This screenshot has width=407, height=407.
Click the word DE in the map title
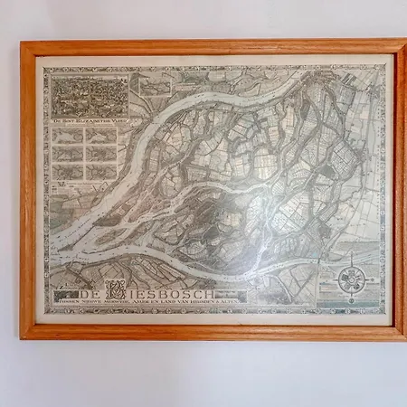[90, 294]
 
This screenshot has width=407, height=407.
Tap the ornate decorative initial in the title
[115, 291]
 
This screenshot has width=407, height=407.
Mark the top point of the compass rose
[352, 260]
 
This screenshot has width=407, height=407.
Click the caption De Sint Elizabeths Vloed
[89, 119]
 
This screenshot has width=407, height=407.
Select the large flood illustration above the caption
[89, 95]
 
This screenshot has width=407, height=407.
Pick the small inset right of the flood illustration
[150, 86]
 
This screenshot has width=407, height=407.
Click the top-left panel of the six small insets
[69, 136]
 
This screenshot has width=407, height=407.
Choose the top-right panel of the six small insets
[101, 136]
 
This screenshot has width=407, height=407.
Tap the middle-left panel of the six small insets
[69, 153]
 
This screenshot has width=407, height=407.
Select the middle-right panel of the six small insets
[101, 153]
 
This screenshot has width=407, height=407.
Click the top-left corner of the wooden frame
[22, 43]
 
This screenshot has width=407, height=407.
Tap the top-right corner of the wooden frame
[403, 41]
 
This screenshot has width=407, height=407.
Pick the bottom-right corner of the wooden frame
[403, 338]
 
